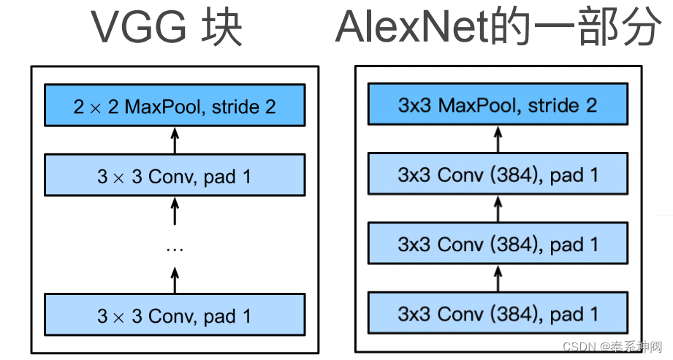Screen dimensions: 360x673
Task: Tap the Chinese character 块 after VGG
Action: pos(224,27)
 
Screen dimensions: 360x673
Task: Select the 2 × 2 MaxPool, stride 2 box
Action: pos(174,107)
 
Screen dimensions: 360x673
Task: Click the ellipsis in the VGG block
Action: pos(174,249)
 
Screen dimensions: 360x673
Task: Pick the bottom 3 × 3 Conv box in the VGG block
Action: pos(174,316)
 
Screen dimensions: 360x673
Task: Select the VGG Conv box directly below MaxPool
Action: pos(174,176)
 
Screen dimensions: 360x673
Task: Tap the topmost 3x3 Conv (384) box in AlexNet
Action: pos(498,175)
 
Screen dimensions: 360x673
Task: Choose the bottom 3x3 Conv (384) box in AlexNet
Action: pos(498,315)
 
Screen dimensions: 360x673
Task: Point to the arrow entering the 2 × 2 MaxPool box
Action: pos(174,140)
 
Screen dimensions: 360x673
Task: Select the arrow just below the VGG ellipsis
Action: pos(174,279)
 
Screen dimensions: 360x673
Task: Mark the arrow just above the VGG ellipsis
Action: pos(174,211)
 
